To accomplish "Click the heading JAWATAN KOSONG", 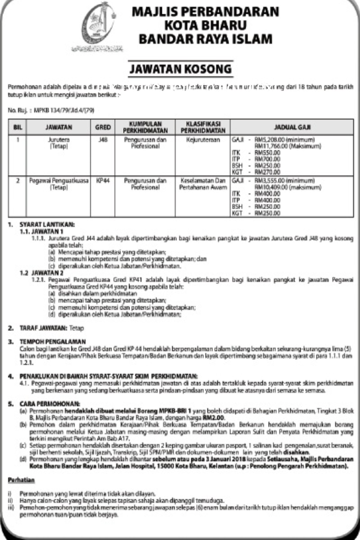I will point(180,70).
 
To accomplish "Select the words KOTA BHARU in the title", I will point(206,25).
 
